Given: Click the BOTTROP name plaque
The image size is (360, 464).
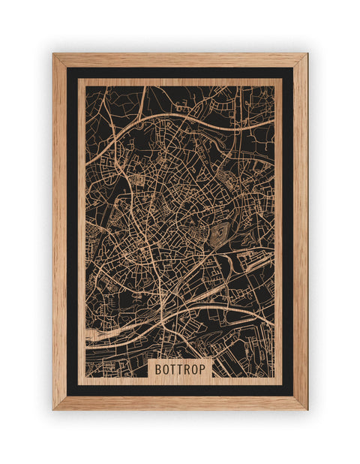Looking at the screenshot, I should (x=181, y=369).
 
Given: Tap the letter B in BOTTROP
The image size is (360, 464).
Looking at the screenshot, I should (x=159, y=369).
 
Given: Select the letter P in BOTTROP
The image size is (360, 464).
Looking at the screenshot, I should (x=204, y=369).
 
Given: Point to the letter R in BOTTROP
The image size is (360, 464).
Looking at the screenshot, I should (x=188, y=369).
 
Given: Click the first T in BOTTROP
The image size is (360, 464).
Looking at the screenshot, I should (x=174, y=369).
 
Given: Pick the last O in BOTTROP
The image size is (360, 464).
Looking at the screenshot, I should (x=196, y=369).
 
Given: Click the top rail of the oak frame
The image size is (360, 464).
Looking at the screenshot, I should (x=180, y=60).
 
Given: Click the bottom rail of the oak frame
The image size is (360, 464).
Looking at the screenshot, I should (x=180, y=402).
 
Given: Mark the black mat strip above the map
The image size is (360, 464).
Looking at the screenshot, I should (x=180, y=74).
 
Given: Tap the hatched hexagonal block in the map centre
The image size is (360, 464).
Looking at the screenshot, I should (x=218, y=234).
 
